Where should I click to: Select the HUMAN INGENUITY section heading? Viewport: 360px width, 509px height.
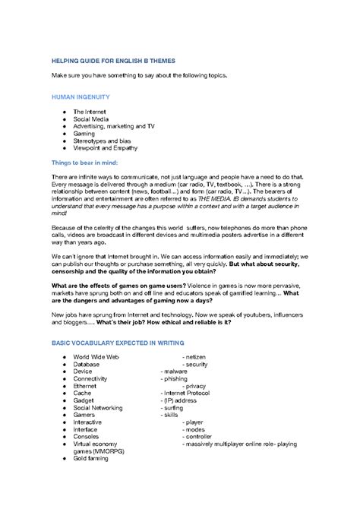[x=80, y=97]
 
